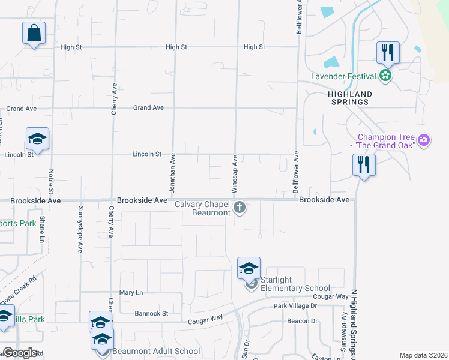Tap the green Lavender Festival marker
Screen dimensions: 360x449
click(385, 76)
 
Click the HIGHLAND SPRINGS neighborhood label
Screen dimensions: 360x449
click(349, 98)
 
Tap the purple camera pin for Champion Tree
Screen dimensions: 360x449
click(424, 140)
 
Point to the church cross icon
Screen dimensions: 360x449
click(240, 208)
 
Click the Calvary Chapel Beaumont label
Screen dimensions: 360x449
click(202, 208)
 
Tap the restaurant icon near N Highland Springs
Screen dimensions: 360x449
click(363, 164)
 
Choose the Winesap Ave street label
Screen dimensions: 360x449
click(235, 173)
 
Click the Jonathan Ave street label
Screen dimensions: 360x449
click(172, 173)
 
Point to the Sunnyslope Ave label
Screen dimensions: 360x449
click(80, 229)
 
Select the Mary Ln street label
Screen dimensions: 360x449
click(131, 293)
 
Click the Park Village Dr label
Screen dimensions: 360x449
click(295, 306)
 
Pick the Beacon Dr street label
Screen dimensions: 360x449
click(302, 321)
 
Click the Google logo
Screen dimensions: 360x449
click(20, 353)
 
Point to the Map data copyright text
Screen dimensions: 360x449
click(423, 355)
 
